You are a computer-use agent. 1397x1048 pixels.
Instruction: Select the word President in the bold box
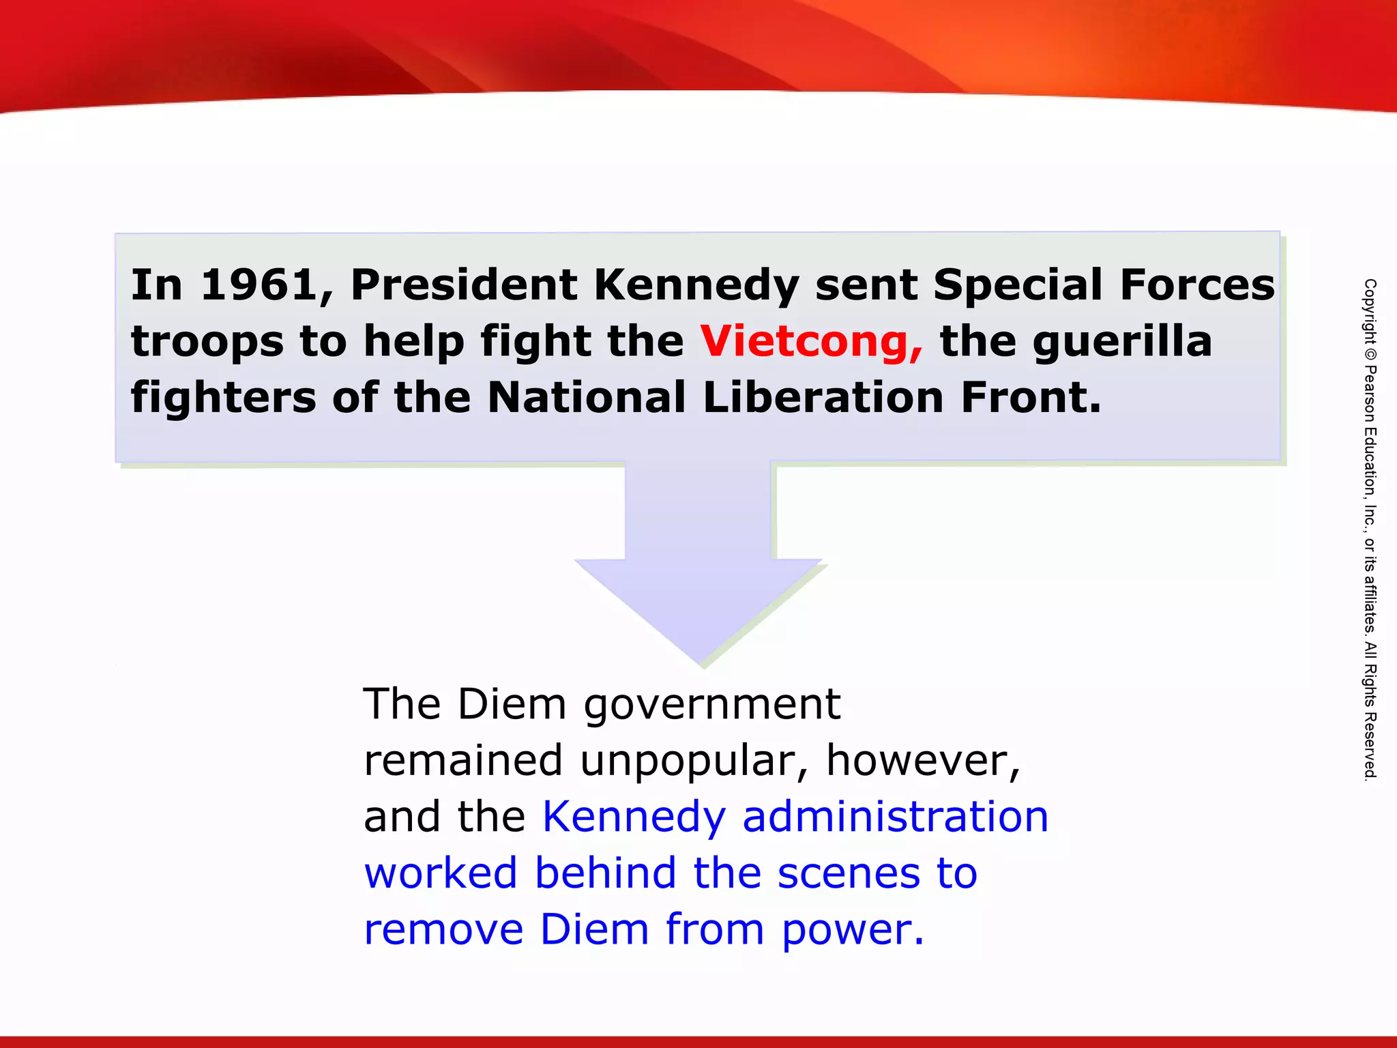[464, 285]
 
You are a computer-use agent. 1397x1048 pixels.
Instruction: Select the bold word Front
[1031, 398]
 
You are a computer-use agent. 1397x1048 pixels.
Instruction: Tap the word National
[587, 398]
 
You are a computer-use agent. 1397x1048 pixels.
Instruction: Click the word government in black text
[712, 705]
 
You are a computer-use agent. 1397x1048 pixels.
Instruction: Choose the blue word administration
[895, 817]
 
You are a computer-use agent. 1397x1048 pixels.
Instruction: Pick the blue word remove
[443, 930]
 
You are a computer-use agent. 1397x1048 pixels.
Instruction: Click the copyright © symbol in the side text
[1370, 355]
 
